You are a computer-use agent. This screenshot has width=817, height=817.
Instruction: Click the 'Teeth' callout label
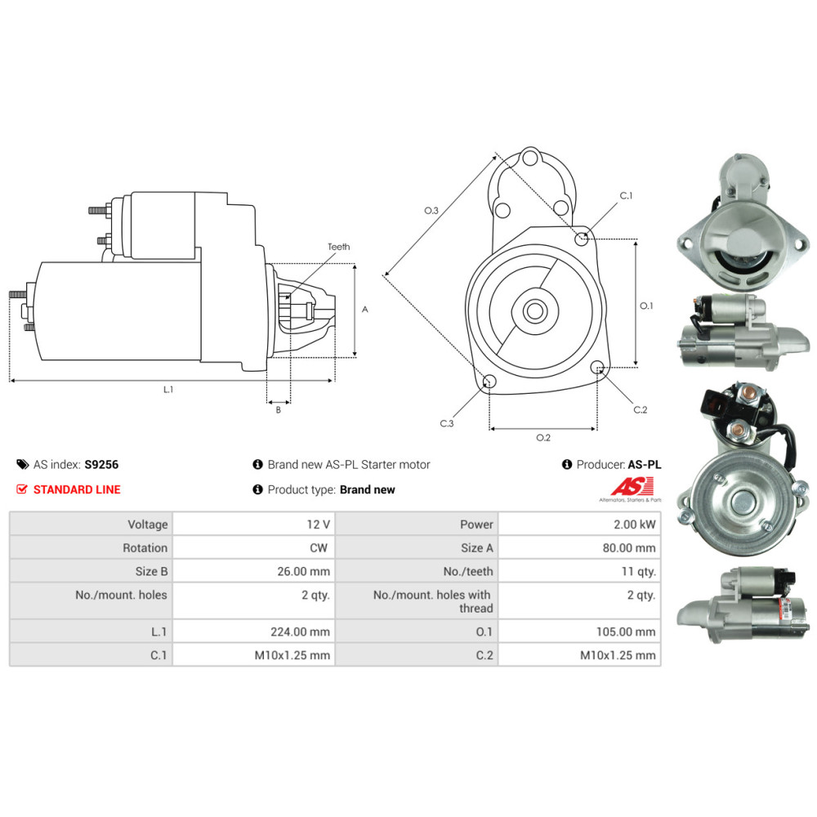pyautogui.click(x=338, y=247)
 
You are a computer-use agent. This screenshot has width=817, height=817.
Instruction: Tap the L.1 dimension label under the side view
pyautogui.click(x=168, y=390)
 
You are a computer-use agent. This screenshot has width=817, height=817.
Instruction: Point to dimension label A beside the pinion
pyautogui.click(x=365, y=310)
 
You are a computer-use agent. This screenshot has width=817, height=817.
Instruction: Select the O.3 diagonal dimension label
pyautogui.click(x=431, y=211)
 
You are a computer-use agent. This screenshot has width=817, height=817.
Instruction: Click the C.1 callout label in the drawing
pyautogui.click(x=627, y=196)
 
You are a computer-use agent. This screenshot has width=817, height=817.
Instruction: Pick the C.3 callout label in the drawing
pyautogui.click(x=447, y=423)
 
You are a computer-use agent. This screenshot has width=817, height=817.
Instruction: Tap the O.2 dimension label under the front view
pyautogui.click(x=543, y=438)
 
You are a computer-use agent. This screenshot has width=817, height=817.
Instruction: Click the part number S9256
pyautogui.click(x=101, y=465)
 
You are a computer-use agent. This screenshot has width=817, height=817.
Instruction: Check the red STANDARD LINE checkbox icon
pyautogui.click(x=22, y=489)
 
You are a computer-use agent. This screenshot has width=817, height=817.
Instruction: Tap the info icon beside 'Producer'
pyautogui.click(x=567, y=465)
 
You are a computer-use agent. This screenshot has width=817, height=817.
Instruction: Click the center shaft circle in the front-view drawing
pyautogui.click(x=536, y=311)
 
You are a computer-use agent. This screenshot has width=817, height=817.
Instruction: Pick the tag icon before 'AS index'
pyautogui.click(x=22, y=465)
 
